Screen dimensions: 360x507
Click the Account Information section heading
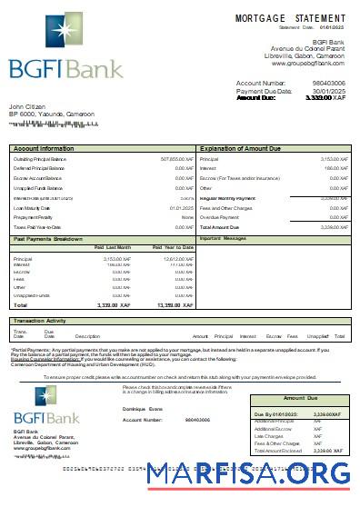click(x=44, y=147)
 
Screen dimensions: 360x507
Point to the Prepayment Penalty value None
click(x=187, y=217)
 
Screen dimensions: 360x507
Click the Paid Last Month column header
click(x=113, y=247)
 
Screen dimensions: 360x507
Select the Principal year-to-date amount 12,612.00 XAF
click(x=175, y=259)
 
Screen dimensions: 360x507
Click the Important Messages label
click(x=223, y=238)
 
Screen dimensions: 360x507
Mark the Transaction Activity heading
click(x=40, y=322)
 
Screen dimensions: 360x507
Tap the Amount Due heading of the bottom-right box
click(x=299, y=399)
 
